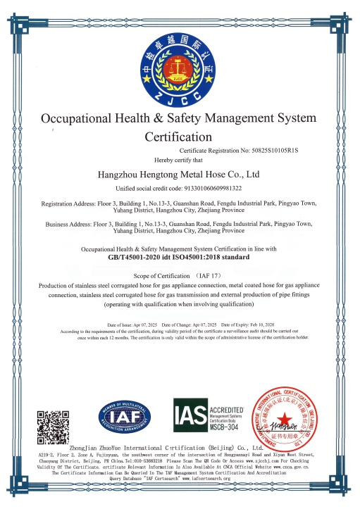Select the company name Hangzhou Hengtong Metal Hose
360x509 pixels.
click(179, 173)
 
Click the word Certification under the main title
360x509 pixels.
click(179, 135)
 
